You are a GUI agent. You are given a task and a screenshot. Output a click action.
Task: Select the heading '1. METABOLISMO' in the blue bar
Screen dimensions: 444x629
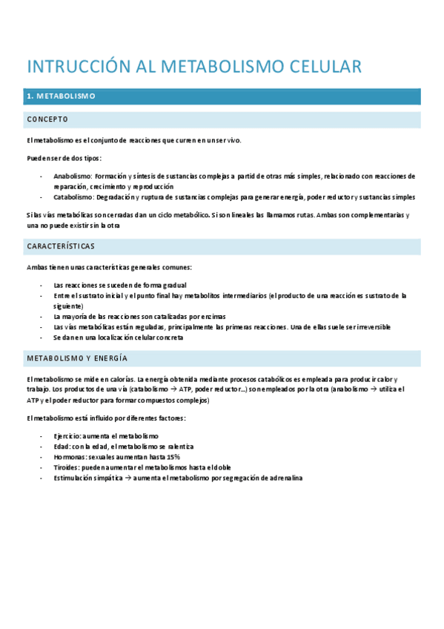click(61, 97)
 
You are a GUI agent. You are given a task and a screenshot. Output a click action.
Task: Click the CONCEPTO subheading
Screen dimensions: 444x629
click(47, 119)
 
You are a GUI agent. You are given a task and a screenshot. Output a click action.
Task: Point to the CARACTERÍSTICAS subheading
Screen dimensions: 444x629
click(61, 246)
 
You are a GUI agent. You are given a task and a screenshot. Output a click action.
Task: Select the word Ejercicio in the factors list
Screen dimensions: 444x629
click(67, 436)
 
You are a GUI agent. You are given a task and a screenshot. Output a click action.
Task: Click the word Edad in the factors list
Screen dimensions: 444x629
click(61, 447)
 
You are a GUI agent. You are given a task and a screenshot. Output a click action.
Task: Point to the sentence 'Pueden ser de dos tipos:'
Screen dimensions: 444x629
click(64, 158)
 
